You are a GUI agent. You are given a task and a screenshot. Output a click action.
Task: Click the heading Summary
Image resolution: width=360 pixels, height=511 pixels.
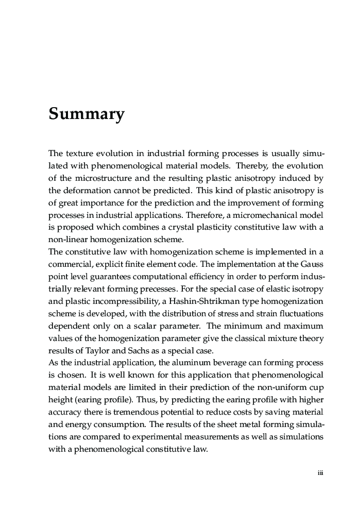pyautogui.click(x=87, y=114)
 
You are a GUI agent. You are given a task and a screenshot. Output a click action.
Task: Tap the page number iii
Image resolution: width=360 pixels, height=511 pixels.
pyautogui.click(x=320, y=473)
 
